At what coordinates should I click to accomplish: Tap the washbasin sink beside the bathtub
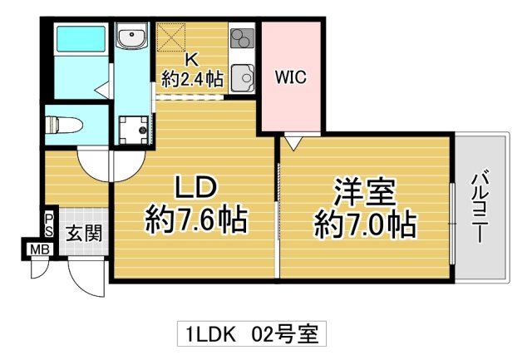[x=131, y=39]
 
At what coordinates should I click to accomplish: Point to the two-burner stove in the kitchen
[x=242, y=38]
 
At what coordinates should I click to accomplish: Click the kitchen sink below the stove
[x=243, y=76]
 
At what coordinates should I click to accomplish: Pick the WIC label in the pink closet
[x=291, y=78]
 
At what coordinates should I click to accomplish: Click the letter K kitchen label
[x=191, y=60]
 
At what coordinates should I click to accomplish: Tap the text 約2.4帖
[x=191, y=80]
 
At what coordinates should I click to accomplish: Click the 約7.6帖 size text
[x=195, y=219]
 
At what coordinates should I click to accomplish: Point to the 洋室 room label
[x=365, y=190]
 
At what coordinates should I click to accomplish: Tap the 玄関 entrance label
[x=84, y=233]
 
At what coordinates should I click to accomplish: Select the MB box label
[x=38, y=249]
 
